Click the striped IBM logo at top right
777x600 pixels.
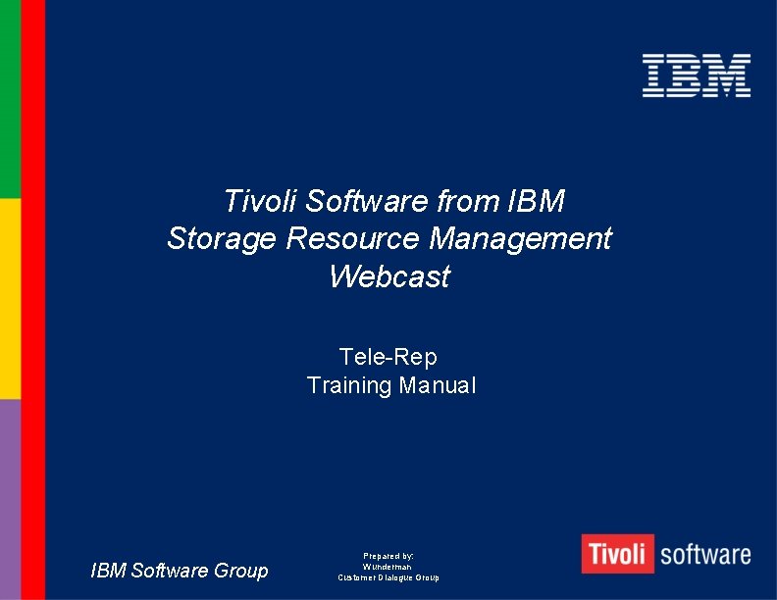pyautogui.click(x=697, y=75)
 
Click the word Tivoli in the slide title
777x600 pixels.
pyautogui.click(x=260, y=201)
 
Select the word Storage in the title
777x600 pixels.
pyautogui.click(x=223, y=238)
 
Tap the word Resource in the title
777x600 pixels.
pyautogui.click(x=352, y=238)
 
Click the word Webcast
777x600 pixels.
pyautogui.click(x=389, y=276)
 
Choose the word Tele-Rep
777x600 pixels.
pyautogui.click(x=388, y=356)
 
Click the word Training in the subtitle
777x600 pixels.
pyautogui.click(x=349, y=385)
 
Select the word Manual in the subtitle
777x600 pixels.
pyautogui.click(x=438, y=385)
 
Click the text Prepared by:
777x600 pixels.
pyautogui.click(x=388, y=556)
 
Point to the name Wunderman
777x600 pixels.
pyautogui.click(x=388, y=567)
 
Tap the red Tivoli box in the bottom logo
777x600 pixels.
pyautogui.click(x=616, y=554)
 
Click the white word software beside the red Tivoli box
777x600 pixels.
pyautogui.click(x=705, y=555)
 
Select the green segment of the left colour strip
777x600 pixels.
pyautogui.click(x=10, y=98)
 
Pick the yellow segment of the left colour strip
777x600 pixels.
pyautogui.click(x=10, y=298)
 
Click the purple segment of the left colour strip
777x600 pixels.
pyautogui.click(x=10, y=499)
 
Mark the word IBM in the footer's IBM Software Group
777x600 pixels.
pyautogui.click(x=109, y=571)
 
